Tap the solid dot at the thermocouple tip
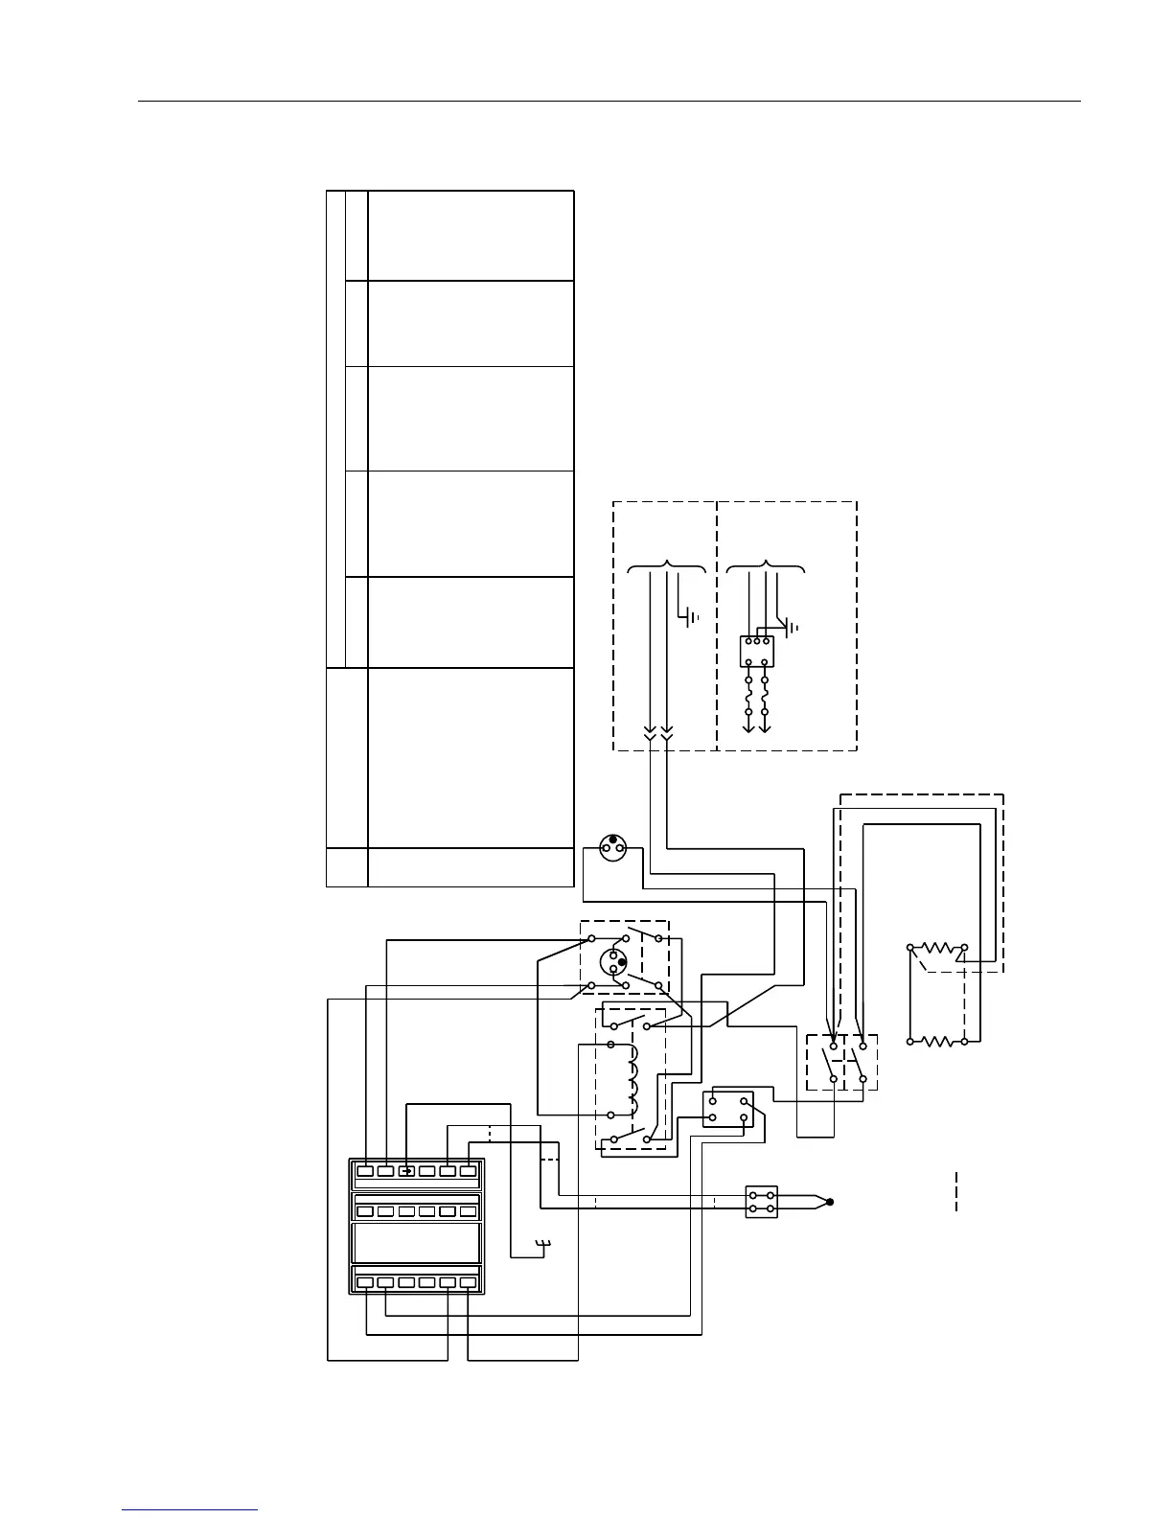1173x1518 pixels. click(x=830, y=1202)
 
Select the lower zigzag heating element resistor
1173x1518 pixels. click(x=937, y=1041)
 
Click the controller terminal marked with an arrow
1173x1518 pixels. click(x=406, y=1170)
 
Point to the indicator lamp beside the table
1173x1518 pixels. click(x=612, y=847)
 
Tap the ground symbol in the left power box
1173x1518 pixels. click(x=691, y=615)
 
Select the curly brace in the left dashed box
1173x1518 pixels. click(x=667, y=567)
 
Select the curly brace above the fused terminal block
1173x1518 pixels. click(x=766, y=567)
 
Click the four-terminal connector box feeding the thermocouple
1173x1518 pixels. click(x=762, y=1202)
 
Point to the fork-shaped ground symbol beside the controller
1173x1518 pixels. click(x=543, y=1246)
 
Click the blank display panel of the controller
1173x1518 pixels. click(x=417, y=1242)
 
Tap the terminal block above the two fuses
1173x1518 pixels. click(x=756, y=652)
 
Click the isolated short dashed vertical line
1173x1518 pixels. click(x=956, y=1191)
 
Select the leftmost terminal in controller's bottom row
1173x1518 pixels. click(x=365, y=1282)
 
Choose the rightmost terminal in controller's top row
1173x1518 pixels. click(x=468, y=1170)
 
